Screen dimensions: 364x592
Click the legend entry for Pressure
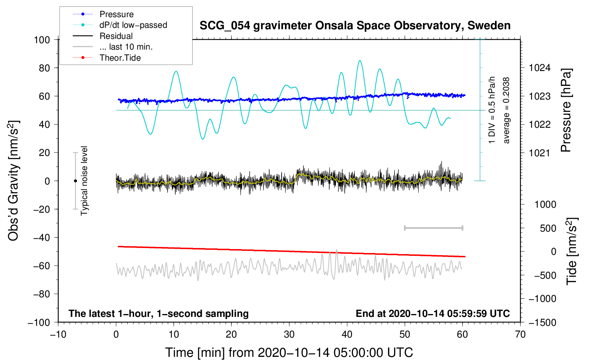click(x=116, y=14)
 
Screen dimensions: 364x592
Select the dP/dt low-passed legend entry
click(x=133, y=25)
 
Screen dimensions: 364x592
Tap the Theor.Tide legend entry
click(x=120, y=58)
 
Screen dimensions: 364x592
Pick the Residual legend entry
click(x=116, y=36)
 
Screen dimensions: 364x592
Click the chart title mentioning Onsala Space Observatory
click(x=355, y=26)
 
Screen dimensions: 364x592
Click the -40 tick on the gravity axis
click(x=41, y=237)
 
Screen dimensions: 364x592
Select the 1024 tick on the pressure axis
click(x=540, y=68)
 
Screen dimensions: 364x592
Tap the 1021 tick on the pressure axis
click(x=540, y=153)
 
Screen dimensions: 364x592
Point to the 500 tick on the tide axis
click(x=548, y=228)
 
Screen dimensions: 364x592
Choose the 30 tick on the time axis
click(x=289, y=334)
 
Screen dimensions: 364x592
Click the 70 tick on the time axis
click(x=520, y=334)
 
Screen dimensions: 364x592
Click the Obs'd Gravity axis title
click(x=14, y=181)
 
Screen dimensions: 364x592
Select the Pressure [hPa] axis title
click(x=566, y=111)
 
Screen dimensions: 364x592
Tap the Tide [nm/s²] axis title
click(x=572, y=251)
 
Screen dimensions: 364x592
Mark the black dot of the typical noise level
click(x=75, y=181)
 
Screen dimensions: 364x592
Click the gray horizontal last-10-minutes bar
click(x=433, y=228)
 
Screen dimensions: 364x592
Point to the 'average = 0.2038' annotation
click(x=506, y=111)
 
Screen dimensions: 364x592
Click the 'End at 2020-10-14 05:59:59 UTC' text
click(x=433, y=313)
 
